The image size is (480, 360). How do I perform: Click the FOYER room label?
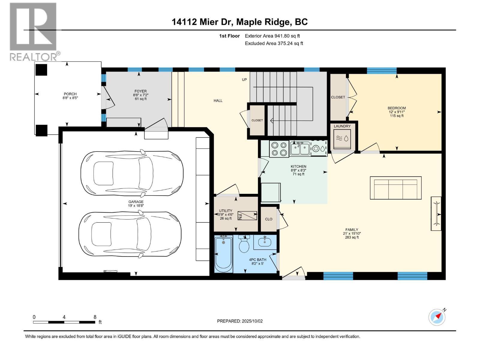click(x=140, y=91)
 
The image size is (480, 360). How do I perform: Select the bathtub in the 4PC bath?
click(x=223, y=254)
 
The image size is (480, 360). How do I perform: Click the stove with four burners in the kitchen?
click(x=279, y=149)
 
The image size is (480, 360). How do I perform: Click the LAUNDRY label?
click(x=342, y=126)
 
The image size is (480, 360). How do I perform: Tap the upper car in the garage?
click(x=132, y=173)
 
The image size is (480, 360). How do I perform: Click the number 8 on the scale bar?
click(x=95, y=317)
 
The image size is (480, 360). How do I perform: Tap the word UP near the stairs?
click(x=244, y=80)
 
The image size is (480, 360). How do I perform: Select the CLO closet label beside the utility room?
click(x=268, y=219)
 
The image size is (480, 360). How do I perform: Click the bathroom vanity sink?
click(x=265, y=242)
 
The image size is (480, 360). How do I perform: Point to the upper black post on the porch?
click(x=41, y=70)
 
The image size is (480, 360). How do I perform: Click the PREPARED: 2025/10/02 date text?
click(x=240, y=321)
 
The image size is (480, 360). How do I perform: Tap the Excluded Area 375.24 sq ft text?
click(x=274, y=43)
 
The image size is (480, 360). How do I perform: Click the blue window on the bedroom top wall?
click(x=381, y=70)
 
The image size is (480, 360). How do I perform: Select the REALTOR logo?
click(x=34, y=31)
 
